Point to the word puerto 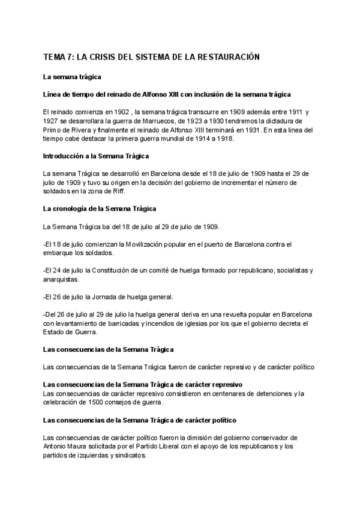[203, 244]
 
